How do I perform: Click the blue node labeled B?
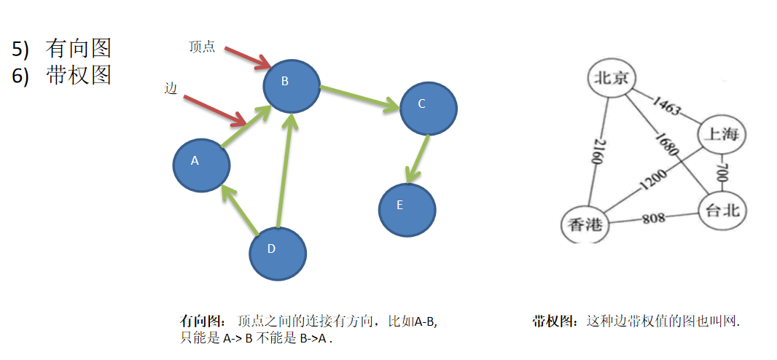[x=292, y=86]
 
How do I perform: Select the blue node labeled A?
[x=201, y=165]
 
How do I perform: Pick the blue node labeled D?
[x=278, y=254]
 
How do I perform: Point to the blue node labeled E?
[x=407, y=209]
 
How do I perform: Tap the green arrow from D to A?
[x=241, y=211]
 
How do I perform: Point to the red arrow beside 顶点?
[x=249, y=59]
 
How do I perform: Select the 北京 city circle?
[x=611, y=78]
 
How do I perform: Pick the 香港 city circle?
[x=585, y=224]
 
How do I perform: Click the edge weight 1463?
[x=666, y=106]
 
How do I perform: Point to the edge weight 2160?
[x=598, y=152]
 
